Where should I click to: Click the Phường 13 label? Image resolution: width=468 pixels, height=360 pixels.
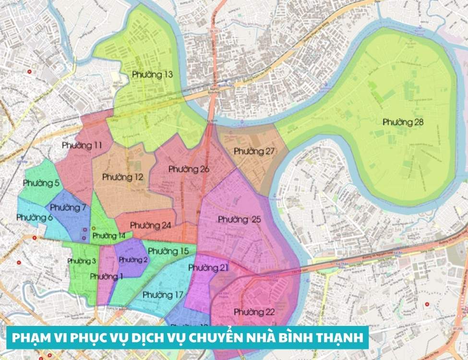(x=152, y=75)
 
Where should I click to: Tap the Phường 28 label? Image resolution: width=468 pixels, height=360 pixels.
(x=403, y=122)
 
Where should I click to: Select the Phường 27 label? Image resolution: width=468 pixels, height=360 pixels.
(x=254, y=151)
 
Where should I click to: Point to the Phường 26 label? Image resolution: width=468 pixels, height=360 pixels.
(x=189, y=169)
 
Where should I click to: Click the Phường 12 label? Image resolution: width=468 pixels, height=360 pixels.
(x=122, y=177)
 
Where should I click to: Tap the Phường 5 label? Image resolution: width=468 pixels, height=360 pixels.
(x=41, y=183)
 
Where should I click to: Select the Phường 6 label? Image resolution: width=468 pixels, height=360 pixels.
(x=35, y=217)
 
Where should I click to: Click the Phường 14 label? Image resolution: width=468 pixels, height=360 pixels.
(x=109, y=236)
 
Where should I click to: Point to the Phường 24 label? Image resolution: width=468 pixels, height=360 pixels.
(x=150, y=225)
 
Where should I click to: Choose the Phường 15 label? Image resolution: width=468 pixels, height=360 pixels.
(x=168, y=251)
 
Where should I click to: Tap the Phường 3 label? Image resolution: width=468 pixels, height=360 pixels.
(x=82, y=261)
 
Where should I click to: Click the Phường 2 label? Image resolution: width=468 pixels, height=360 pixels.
(x=133, y=260)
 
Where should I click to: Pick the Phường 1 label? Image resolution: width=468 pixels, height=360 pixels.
(x=106, y=276)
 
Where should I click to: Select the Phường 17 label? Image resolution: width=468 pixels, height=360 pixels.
(x=163, y=294)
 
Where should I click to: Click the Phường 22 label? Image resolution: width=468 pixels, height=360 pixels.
(x=254, y=312)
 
